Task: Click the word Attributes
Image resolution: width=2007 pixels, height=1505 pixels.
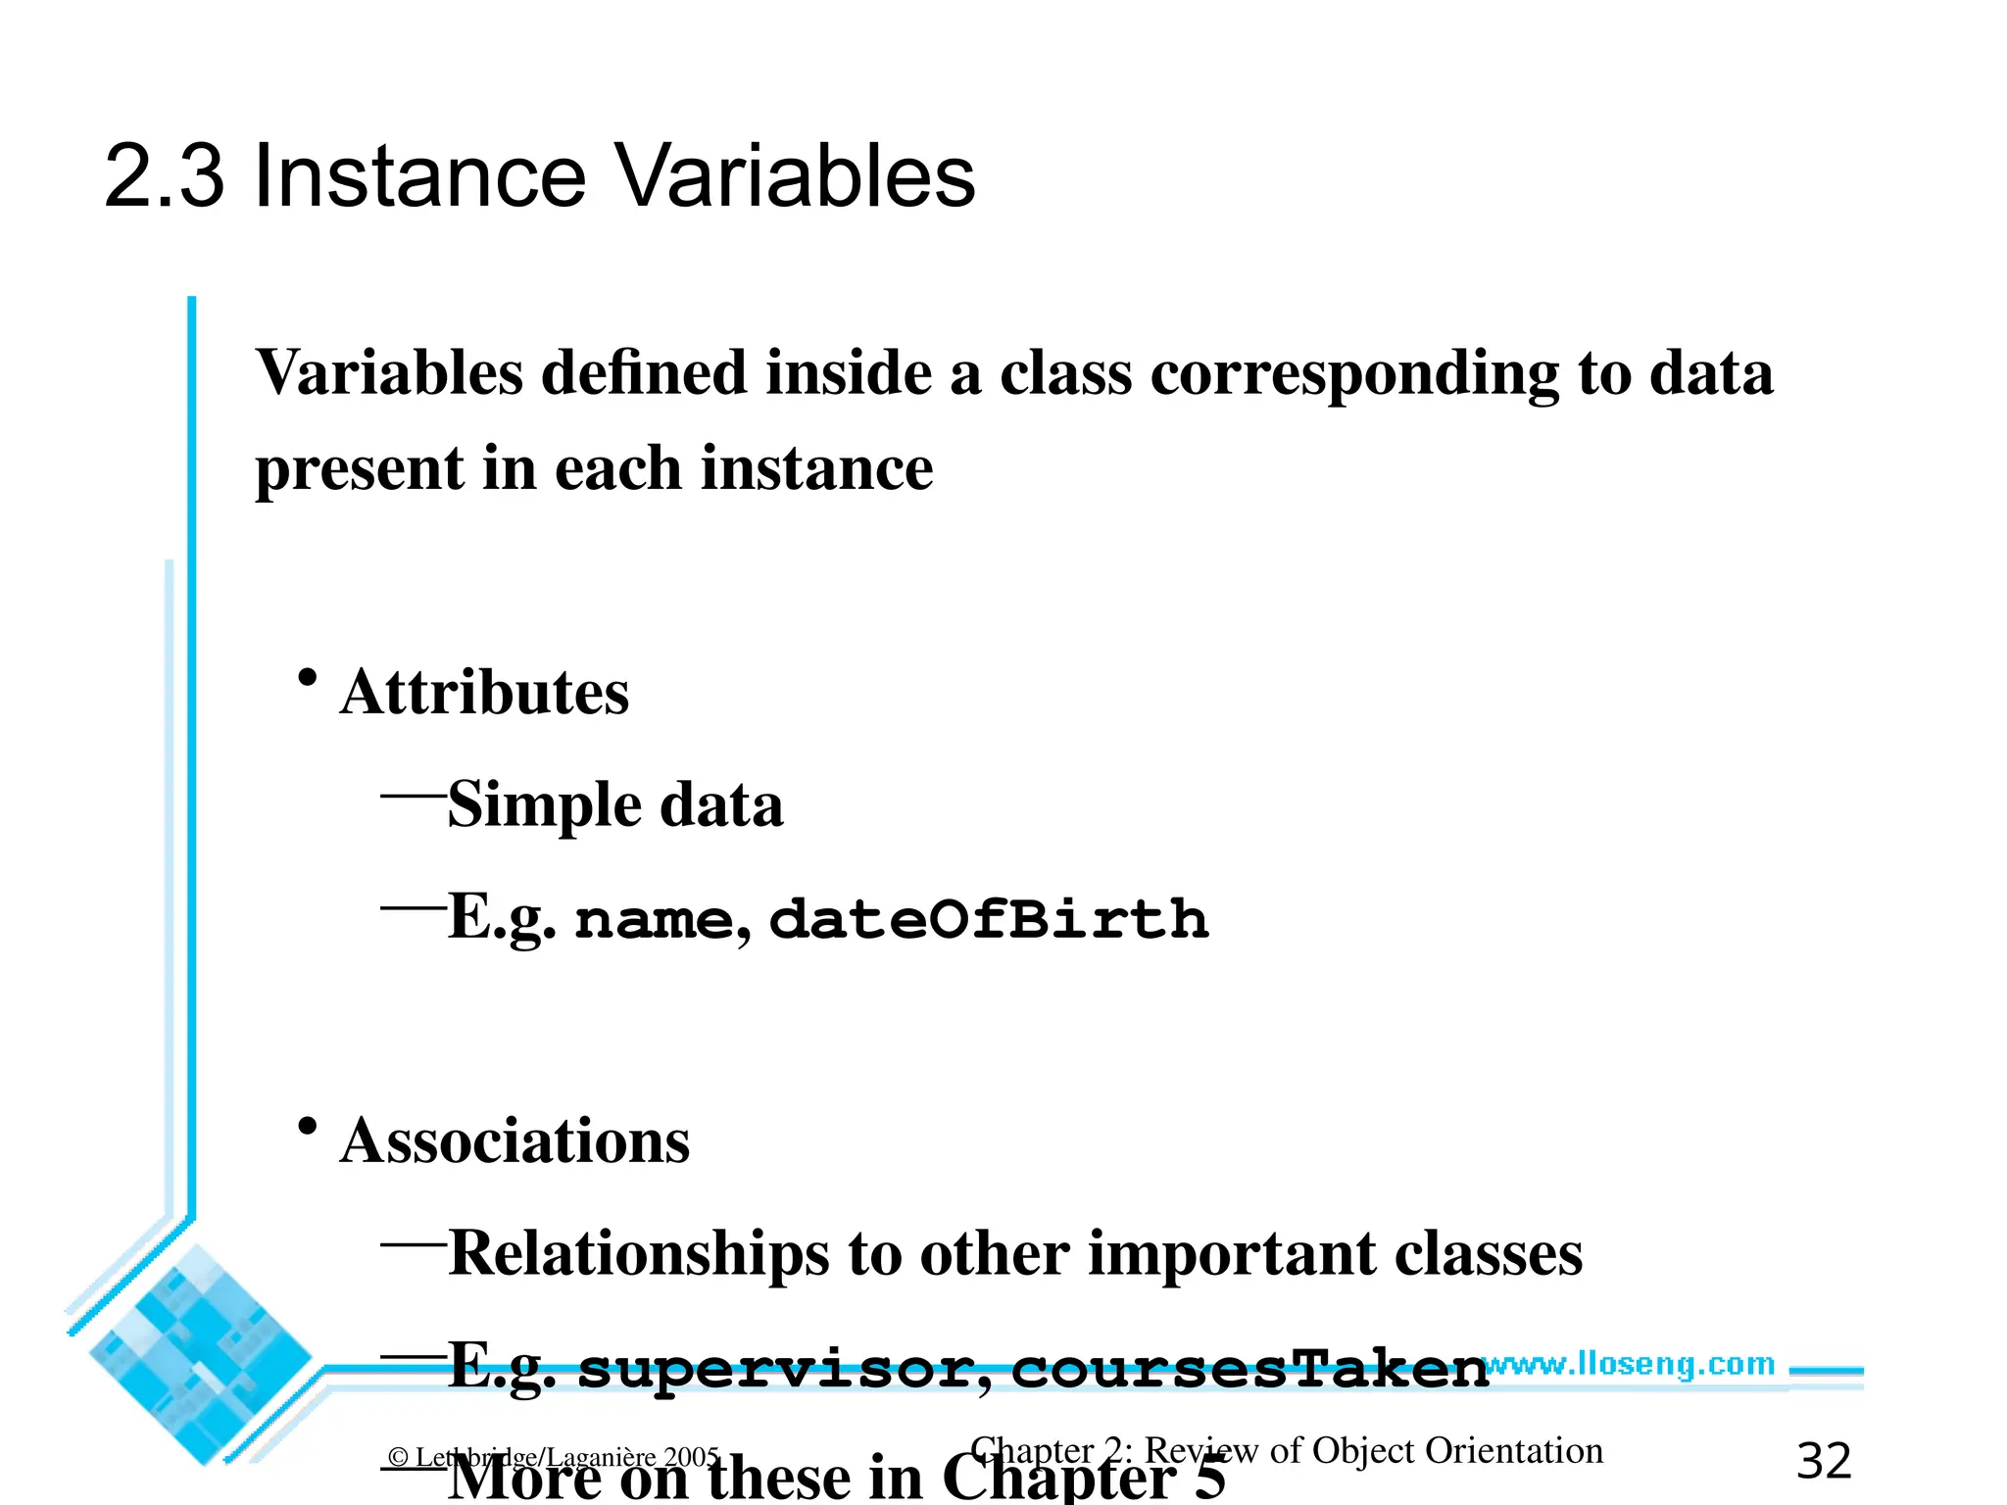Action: pos(484,693)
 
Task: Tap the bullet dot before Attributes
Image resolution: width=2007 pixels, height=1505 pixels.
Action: pos(308,678)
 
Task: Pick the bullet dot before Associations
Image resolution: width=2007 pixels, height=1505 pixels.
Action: pos(308,1127)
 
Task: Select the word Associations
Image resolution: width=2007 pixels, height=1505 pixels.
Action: pos(514,1141)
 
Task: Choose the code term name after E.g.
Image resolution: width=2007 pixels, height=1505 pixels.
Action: pos(654,921)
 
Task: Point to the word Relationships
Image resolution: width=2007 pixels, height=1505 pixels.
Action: pos(638,1254)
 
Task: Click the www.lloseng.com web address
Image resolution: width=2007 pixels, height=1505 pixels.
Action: pos(1628,1364)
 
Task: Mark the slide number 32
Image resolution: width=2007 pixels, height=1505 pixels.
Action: pos(1824,1462)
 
